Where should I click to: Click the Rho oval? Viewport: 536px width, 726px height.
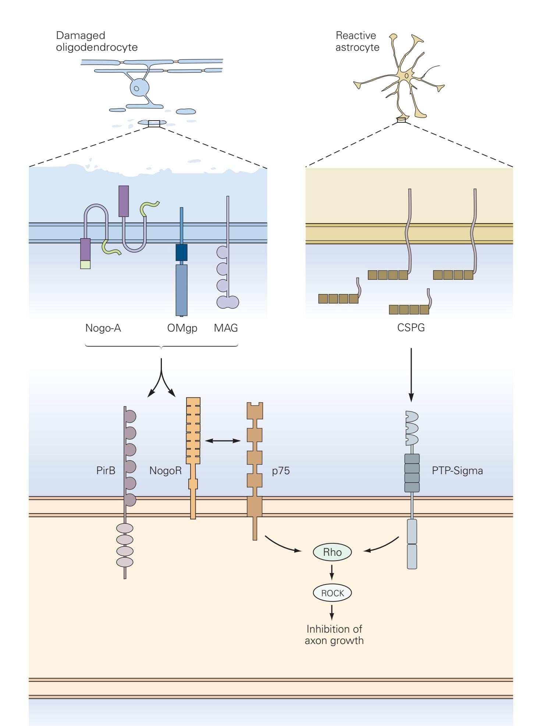click(x=332, y=552)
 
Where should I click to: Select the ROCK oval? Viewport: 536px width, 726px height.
click(x=332, y=593)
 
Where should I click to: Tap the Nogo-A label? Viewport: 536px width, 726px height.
click(x=103, y=328)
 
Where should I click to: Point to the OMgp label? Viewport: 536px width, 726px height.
click(x=182, y=328)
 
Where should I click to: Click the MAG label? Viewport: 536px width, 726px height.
click(x=226, y=328)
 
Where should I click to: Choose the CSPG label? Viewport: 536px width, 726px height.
click(x=411, y=328)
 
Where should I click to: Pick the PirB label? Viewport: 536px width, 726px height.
click(x=106, y=471)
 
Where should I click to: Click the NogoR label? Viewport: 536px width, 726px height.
click(x=166, y=471)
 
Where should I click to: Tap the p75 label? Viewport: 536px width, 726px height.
click(x=281, y=471)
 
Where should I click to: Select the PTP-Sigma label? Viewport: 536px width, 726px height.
click(x=457, y=471)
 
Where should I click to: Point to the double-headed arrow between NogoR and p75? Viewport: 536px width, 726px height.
click(x=223, y=440)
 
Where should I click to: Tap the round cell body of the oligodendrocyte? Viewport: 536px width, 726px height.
click(x=139, y=88)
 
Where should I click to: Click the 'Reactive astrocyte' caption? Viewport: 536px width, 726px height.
click(x=357, y=41)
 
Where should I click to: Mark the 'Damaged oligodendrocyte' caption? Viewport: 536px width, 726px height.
click(x=96, y=41)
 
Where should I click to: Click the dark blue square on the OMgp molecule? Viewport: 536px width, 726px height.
click(x=181, y=253)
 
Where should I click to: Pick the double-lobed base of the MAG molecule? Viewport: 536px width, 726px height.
click(x=228, y=302)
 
